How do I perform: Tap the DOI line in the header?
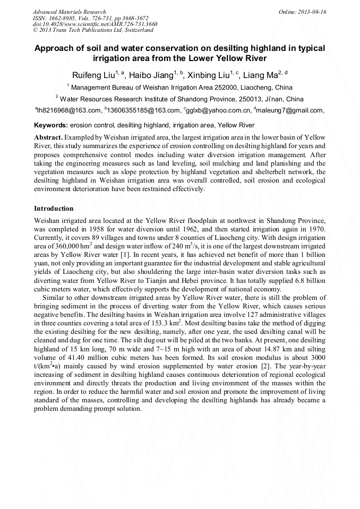[x=95, y=24]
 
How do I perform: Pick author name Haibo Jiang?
[x=152, y=74]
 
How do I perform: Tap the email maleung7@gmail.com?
[x=290, y=110]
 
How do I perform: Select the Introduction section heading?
[x=54, y=208]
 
